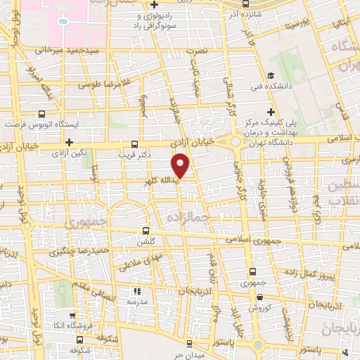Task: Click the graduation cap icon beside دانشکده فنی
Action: [x=270, y=77]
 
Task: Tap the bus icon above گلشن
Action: [x=146, y=230]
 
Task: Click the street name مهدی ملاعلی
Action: [x=127, y=262]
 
